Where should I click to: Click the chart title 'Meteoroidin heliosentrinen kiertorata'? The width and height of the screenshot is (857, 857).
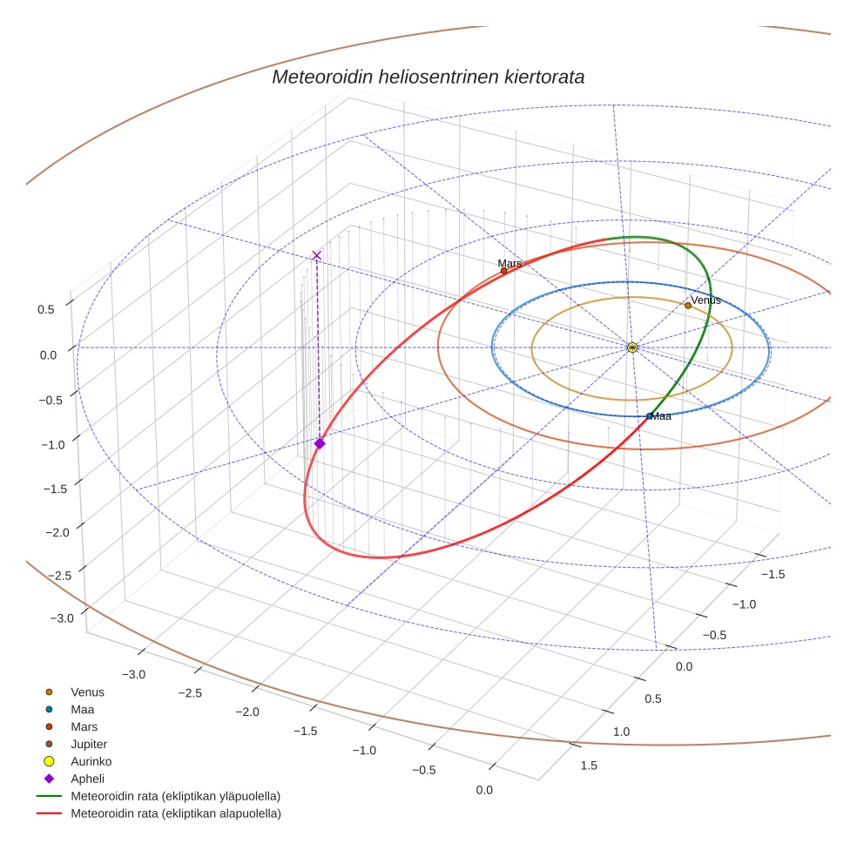pyautogui.click(x=428, y=77)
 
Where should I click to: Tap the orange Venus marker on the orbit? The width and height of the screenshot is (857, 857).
pyautogui.click(x=688, y=305)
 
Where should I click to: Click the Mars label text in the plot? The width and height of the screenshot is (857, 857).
pyautogui.click(x=509, y=263)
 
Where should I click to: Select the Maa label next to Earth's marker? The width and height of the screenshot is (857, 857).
pyautogui.click(x=661, y=416)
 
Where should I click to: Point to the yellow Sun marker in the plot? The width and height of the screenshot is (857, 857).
pyautogui.click(x=632, y=348)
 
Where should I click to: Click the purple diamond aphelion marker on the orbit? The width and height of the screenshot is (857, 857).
pyautogui.click(x=320, y=443)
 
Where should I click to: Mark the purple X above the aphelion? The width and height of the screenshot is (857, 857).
pyautogui.click(x=316, y=255)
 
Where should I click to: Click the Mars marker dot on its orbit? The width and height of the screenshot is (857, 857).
pyautogui.click(x=503, y=271)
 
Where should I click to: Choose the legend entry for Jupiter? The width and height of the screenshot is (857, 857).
pyautogui.click(x=88, y=744)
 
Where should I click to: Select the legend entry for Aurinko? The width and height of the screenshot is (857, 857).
pyautogui.click(x=91, y=761)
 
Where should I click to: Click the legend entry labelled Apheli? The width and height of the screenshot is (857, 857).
pyautogui.click(x=87, y=779)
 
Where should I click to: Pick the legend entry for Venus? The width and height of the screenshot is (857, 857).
pyautogui.click(x=87, y=692)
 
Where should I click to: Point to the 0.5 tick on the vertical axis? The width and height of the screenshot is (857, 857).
pyautogui.click(x=45, y=309)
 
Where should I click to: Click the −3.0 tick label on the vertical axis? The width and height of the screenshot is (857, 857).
pyautogui.click(x=62, y=618)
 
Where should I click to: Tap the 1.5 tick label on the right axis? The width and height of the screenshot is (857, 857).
pyautogui.click(x=588, y=766)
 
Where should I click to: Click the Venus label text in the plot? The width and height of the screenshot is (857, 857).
pyautogui.click(x=705, y=300)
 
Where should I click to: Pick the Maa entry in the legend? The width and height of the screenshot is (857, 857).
pyautogui.click(x=83, y=710)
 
